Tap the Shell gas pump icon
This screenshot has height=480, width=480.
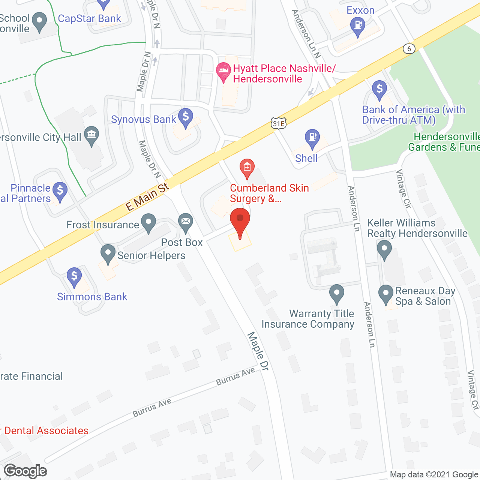[312, 138]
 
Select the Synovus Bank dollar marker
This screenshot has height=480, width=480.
[185, 117]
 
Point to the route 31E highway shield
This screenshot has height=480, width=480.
[279, 123]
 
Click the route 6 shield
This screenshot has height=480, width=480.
[409, 49]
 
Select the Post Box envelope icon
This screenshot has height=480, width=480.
[185, 222]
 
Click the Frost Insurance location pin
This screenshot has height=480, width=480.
[148, 222]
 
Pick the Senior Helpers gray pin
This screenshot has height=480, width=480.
[108, 253]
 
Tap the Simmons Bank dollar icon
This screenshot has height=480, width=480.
[74, 277]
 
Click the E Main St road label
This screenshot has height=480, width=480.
[147, 197]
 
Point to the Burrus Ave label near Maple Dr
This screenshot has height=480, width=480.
[235, 376]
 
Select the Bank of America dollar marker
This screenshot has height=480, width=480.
[379, 89]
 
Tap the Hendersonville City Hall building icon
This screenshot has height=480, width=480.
[91, 135]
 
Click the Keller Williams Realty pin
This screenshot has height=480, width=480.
[384, 249]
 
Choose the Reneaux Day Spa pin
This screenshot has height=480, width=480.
[385, 294]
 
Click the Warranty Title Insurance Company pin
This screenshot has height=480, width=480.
[336, 293]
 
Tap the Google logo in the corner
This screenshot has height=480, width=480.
[25, 471]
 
